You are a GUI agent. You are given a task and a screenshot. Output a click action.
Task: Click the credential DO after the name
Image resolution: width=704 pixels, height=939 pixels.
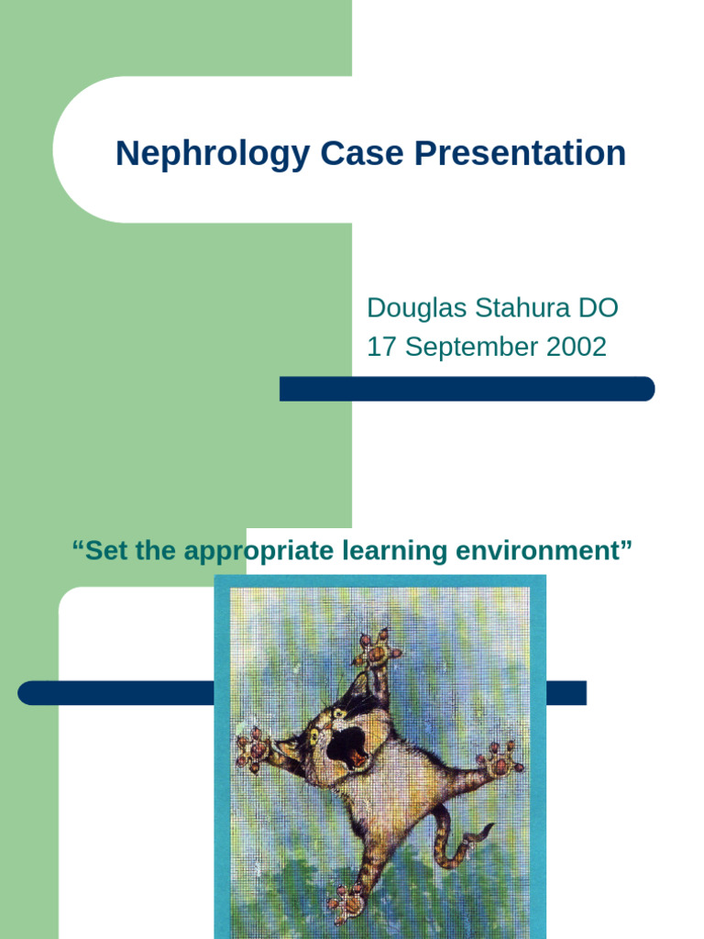(x=599, y=308)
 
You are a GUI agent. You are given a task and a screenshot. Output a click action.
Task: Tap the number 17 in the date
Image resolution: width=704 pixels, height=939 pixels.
(x=380, y=348)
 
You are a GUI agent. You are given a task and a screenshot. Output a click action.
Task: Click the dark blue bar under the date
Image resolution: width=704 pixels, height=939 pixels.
(x=467, y=389)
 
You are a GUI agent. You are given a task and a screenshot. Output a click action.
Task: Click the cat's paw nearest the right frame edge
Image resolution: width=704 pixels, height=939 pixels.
(x=500, y=759)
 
